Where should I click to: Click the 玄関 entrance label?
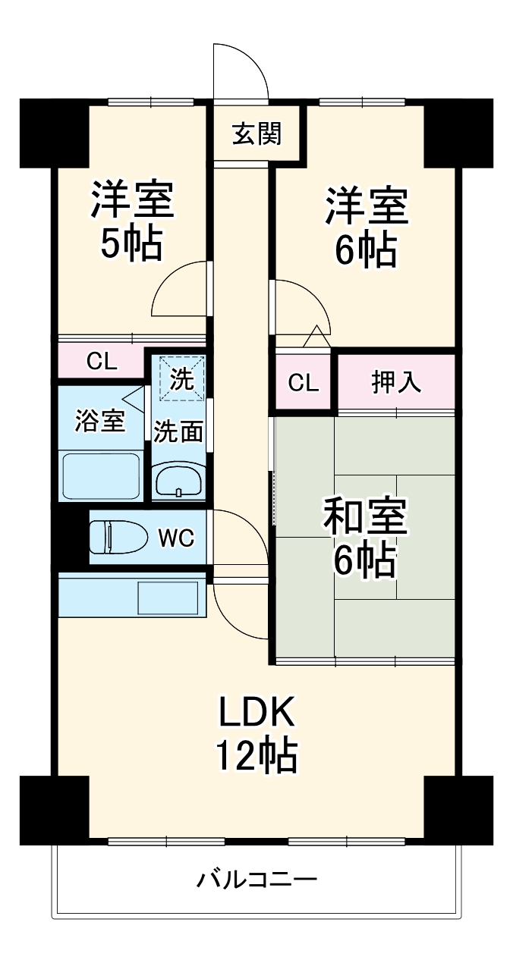tap(257, 134)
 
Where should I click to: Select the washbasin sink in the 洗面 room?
tap(178, 480)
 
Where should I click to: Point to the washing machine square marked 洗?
tap(181, 378)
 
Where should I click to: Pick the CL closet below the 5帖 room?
tap(101, 362)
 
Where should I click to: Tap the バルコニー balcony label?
tap(256, 880)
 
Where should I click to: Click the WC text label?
tap(176, 538)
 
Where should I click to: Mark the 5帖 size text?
tap(132, 245)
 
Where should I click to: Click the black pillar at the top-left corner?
tap(54, 133)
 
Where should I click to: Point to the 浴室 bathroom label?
tap(99, 422)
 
